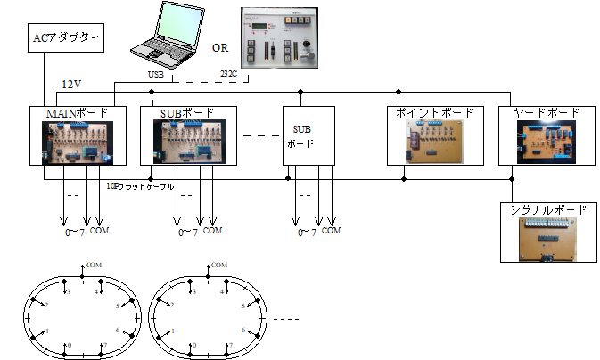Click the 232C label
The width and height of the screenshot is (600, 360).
pyautogui.click(x=230, y=75)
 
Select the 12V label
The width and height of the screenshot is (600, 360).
pyautogui.click(x=71, y=85)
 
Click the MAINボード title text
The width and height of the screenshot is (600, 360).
pyautogui.click(x=78, y=113)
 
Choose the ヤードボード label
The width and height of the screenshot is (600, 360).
pyautogui.click(x=546, y=113)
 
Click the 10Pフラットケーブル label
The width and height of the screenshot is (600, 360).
pyautogui.click(x=141, y=187)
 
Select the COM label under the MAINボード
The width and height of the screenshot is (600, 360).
pyautogui.click(x=101, y=230)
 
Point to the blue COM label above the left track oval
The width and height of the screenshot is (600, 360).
pyautogui.click(x=94, y=265)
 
